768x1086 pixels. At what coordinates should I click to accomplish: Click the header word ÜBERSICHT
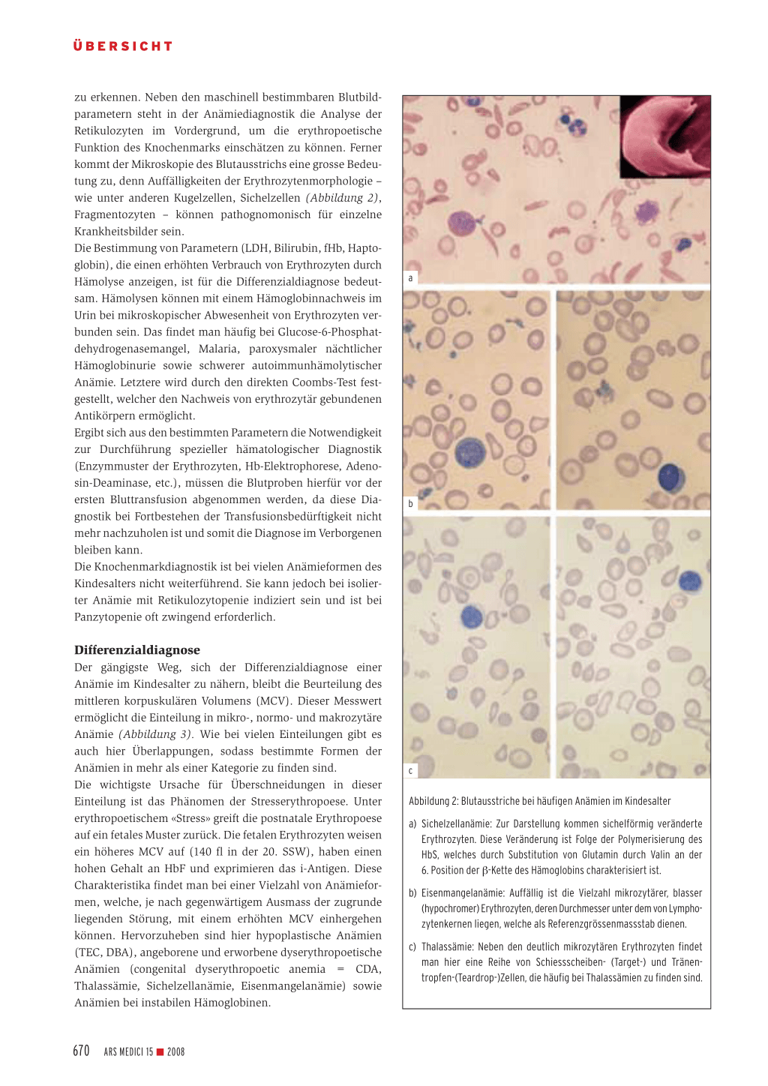tap(123, 46)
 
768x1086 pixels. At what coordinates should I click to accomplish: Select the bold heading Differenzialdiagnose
tap(136, 650)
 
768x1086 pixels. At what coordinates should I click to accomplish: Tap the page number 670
tap(81, 1051)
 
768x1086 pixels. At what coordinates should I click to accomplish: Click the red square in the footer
tap(160, 1052)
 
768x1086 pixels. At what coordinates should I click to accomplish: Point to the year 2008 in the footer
tap(176, 1052)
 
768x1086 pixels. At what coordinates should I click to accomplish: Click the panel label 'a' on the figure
tap(410, 278)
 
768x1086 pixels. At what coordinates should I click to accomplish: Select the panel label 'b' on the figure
tap(410, 504)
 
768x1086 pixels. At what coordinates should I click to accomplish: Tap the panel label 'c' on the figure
tap(410, 770)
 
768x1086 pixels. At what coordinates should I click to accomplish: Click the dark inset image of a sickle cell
tap(664, 135)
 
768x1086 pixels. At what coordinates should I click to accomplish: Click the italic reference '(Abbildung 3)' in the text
tap(155, 734)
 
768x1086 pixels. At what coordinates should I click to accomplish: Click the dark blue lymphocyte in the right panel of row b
tap(671, 478)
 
